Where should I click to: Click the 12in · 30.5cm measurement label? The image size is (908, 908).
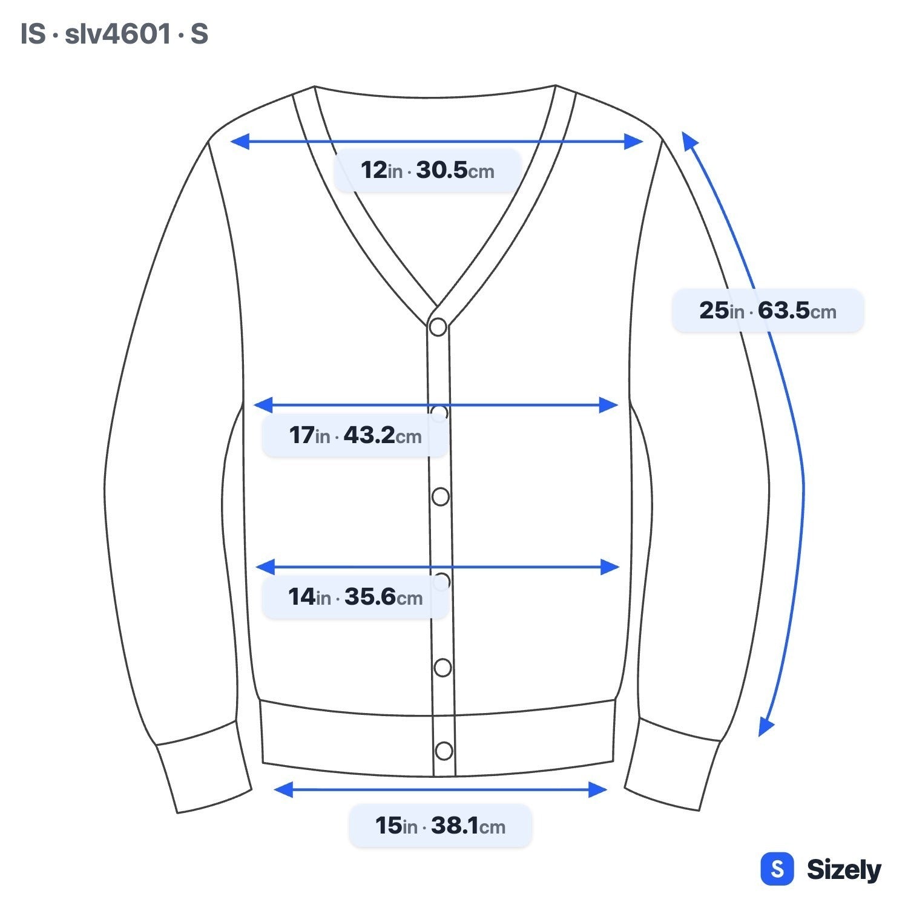pos(427,170)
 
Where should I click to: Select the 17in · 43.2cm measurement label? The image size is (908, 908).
pos(355,435)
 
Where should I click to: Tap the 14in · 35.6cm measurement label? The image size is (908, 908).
pos(355,597)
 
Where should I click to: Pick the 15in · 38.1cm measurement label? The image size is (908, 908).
pos(440,826)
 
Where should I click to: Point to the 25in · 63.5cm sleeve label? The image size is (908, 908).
pos(768,311)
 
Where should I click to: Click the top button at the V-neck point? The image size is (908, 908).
pos(438,327)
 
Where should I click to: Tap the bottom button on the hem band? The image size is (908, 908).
pos(444,751)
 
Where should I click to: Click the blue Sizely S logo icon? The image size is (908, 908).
pos(777,869)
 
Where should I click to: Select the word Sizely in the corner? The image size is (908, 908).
pos(844,870)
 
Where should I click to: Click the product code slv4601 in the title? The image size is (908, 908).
pos(117,34)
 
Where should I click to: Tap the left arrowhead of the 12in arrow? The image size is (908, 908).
pos(240,142)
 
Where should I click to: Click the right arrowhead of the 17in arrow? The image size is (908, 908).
pos(608,405)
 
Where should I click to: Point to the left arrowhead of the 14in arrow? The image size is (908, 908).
pos(265,567)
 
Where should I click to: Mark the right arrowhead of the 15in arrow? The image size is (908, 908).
pos(597,789)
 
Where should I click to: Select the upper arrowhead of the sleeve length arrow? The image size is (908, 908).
pos(689,140)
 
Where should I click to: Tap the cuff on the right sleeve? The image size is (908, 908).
pos(673,765)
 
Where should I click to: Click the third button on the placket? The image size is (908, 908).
pos(441,496)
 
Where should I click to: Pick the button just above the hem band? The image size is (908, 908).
pos(442,668)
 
